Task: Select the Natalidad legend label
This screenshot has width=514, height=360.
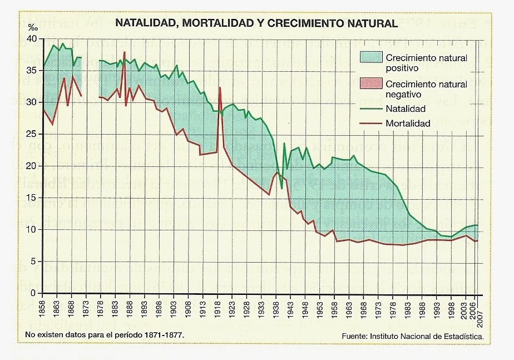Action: click(406, 109)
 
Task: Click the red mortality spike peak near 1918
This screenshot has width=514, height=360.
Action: click(220, 88)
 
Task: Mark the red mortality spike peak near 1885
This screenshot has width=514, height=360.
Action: click(125, 52)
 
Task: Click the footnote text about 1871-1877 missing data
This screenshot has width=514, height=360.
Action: click(104, 336)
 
